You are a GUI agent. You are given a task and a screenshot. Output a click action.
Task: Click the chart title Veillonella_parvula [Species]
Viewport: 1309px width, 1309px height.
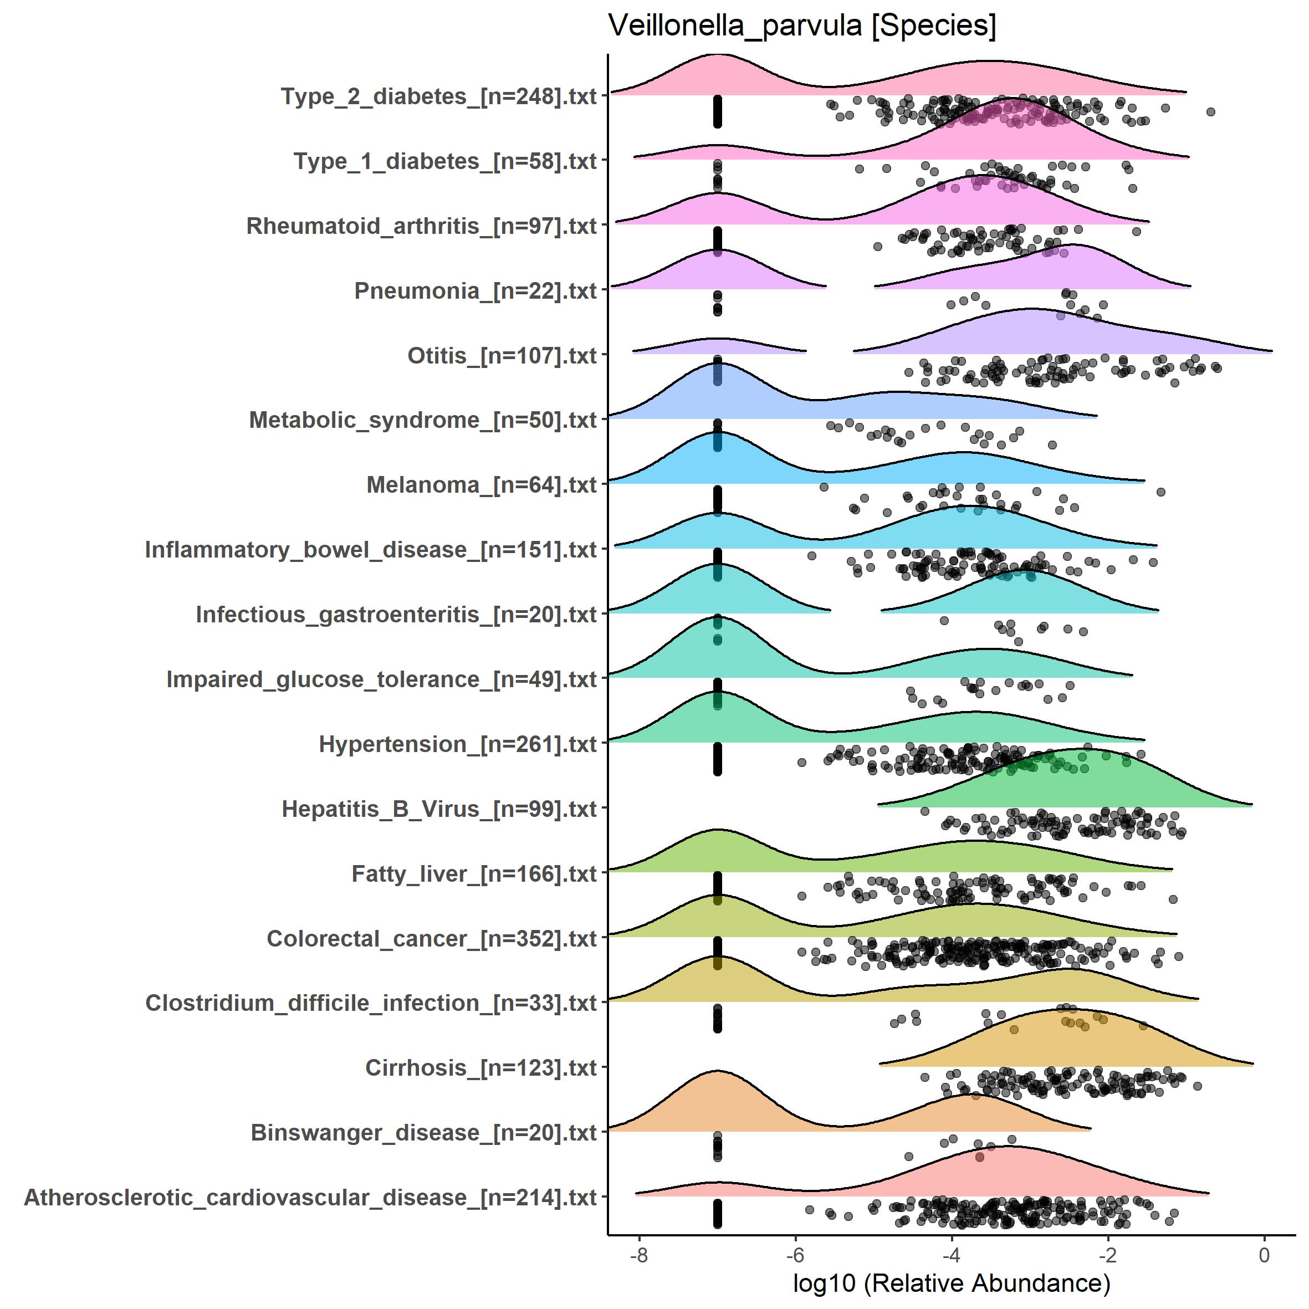point(802,25)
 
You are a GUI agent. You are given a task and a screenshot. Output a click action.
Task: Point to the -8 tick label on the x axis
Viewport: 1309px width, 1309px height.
point(638,1255)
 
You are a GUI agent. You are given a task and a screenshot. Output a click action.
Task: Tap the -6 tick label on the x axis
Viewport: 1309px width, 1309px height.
point(795,1255)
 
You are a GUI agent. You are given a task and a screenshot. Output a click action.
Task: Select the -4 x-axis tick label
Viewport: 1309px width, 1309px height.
point(951,1255)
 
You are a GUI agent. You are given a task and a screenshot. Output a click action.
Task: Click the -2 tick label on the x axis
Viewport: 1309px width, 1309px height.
point(1107,1255)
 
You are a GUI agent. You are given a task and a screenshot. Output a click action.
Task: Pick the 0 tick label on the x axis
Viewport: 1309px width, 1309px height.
point(1264,1255)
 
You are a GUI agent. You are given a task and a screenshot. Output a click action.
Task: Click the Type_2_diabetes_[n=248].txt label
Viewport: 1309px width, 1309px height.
point(438,96)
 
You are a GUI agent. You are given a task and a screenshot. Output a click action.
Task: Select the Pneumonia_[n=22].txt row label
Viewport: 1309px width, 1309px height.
point(475,290)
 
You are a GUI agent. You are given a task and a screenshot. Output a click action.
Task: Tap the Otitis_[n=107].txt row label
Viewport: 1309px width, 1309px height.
point(502,355)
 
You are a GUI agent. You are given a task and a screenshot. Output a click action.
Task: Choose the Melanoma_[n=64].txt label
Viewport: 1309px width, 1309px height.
point(481,484)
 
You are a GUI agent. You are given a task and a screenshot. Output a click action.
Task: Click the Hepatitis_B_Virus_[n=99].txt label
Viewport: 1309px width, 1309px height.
point(439,809)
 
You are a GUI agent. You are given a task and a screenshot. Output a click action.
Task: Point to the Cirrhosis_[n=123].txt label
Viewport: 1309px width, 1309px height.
point(480,1067)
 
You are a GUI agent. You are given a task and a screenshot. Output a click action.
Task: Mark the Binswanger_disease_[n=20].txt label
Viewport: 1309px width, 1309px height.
point(423,1132)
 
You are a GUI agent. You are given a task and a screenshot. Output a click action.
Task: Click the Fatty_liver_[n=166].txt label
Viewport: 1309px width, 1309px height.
point(474,873)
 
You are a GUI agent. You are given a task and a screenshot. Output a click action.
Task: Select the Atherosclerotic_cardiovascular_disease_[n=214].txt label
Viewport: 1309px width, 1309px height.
point(310,1197)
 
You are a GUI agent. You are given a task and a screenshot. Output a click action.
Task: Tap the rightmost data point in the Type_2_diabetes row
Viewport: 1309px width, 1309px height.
point(1211,112)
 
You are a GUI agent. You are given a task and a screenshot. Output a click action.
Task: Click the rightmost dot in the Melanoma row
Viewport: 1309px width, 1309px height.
point(1160,492)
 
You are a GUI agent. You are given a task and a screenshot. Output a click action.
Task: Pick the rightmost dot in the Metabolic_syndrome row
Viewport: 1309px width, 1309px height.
point(1052,445)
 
